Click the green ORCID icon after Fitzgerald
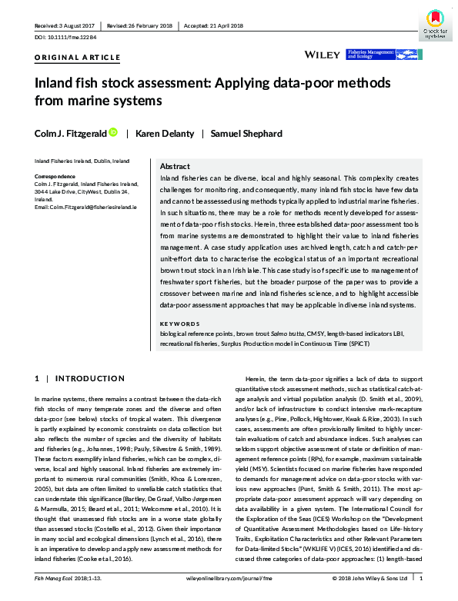click(113, 133)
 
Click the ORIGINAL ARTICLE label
click(78, 58)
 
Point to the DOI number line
click(66, 37)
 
